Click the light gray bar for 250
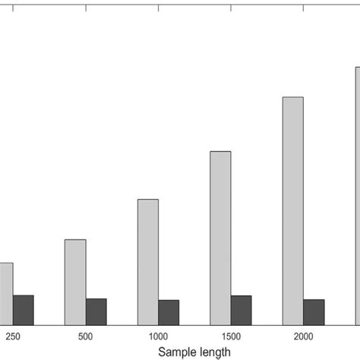coord(5,293)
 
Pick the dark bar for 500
coord(96,311)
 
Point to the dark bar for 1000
coord(169,311)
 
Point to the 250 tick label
coord(13,336)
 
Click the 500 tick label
coord(85,336)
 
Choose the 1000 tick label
coord(158,336)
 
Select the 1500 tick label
coord(231,336)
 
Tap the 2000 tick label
coord(303,336)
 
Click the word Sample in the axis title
coord(176,352)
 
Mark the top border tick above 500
coord(86,7)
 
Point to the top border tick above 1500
coord(231,7)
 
